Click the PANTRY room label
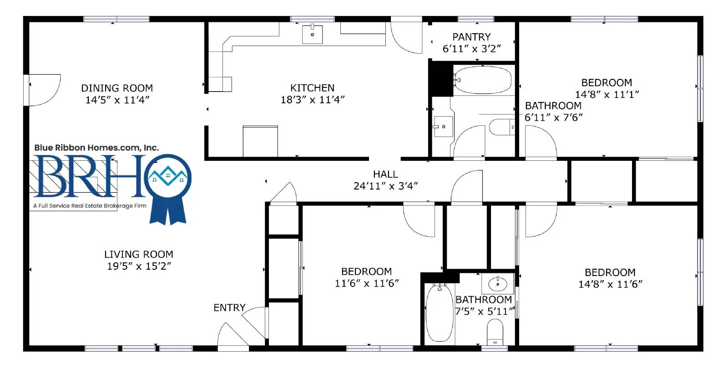click(471, 37)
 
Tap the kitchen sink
click(312, 34)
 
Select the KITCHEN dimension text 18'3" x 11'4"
click(313, 100)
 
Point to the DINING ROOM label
click(117, 88)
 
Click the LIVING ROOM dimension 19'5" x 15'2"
click(139, 266)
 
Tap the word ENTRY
click(229, 307)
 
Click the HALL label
click(385, 174)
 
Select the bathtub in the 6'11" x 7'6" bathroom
click(482, 80)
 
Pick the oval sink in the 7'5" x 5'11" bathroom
click(498, 284)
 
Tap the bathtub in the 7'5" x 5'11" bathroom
click(440, 313)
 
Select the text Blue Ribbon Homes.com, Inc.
click(96, 148)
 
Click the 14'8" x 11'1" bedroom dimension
click(607, 95)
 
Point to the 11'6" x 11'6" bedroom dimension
click(367, 283)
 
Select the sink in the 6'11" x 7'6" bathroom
click(442, 127)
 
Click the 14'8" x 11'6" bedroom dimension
click(610, 284)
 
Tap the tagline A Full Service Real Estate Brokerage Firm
click(90, 205)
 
